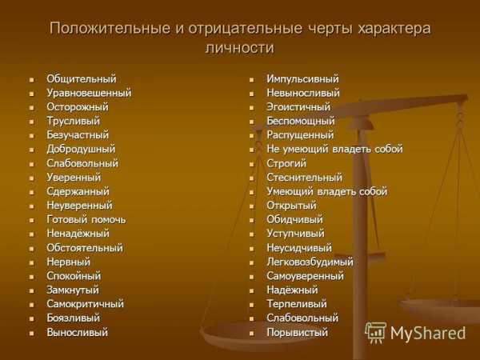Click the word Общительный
click(82, 79)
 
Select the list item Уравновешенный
click(89, 93)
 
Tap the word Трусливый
click(73, 122)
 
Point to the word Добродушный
click(81, 150)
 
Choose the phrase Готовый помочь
click(86, 219)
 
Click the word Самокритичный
click(85, 304)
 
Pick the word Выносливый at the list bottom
click(77, 333)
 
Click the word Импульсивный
click(302, 79)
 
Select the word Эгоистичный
click(298, 107)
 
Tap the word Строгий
click(286, 163)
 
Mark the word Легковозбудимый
click(310, 262)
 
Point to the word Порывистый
click(297, 333)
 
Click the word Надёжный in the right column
click(292, 290)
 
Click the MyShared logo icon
click(375, 333)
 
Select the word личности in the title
click(240, 48)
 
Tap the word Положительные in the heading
click(110, 29)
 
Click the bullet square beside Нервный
click(31, 262)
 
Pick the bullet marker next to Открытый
click(251, 206)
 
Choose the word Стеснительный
click(304, 178)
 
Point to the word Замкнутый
click(73, 290)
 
